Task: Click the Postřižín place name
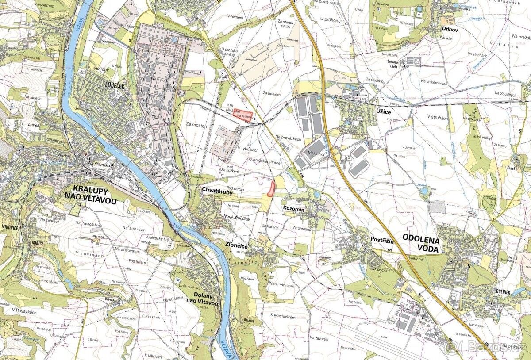click(x=382, y=239)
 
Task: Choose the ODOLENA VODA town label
click(x=422, y=245)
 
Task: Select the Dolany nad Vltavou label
click(x=206, y=299)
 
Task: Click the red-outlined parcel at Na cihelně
click(x=242, y=115)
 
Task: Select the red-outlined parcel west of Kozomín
click(x=271, y=188)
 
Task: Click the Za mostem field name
click(x=197, y=126)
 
